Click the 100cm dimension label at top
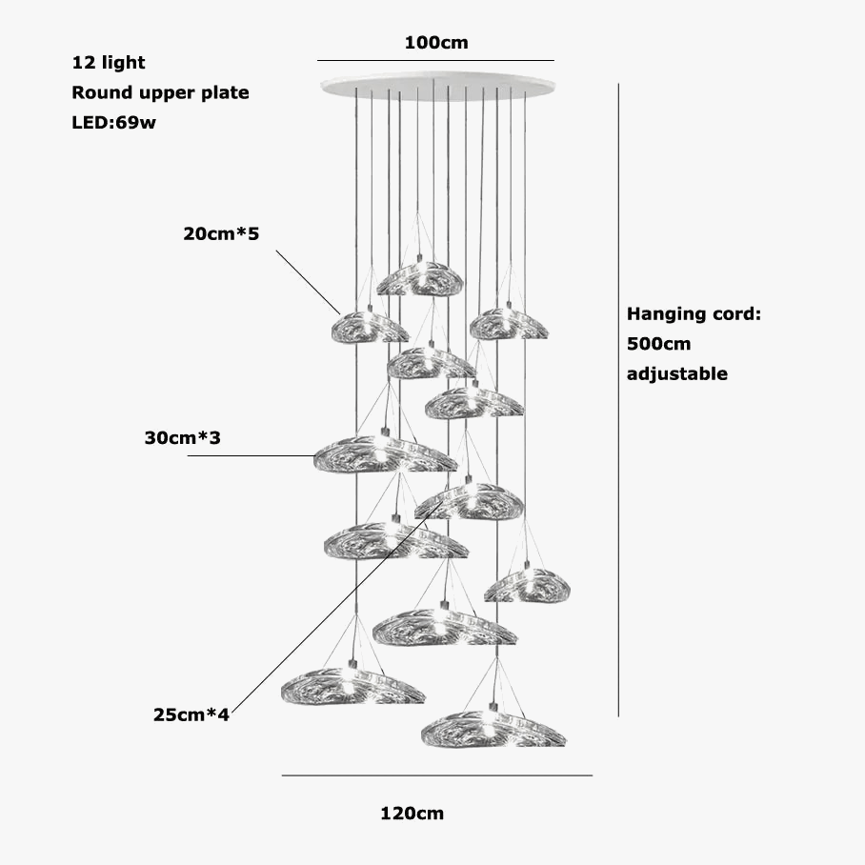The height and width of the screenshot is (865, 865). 436,43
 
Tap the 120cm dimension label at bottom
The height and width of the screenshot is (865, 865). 412,814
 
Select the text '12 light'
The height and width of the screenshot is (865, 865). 109,63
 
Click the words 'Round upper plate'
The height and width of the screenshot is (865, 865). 160,92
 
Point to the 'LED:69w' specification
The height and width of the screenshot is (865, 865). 113,123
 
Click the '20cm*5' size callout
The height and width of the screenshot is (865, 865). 221,233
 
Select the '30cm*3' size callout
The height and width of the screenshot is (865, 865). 182,437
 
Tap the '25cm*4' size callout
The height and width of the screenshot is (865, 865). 191,714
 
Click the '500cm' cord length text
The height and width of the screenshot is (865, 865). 658,343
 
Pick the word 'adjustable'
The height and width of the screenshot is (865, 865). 676,373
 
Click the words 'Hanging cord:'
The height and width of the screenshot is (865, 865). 694,313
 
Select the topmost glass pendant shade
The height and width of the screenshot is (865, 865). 420,277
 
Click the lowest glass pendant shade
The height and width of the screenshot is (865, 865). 493,729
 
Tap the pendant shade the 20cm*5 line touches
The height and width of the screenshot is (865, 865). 369,327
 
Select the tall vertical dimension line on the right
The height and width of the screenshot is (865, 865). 619,400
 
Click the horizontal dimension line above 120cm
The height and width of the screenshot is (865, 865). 436,775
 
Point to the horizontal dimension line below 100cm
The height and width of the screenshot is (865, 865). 435,61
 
